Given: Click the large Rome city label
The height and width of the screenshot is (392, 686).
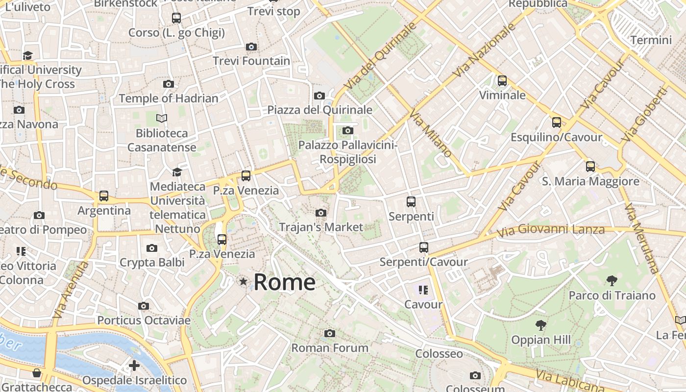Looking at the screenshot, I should (x=284, y=282).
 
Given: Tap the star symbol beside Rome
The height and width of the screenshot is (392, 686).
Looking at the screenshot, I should (x=243, y=281).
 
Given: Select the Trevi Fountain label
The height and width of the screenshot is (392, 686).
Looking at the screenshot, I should (x=251, y=61).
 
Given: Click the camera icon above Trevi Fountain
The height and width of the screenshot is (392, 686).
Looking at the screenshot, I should (x=251, y=47).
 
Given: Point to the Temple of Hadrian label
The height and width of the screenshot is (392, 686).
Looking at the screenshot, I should (x=169, y=98).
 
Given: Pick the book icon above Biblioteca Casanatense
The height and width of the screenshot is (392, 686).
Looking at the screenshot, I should (x=162, y=118).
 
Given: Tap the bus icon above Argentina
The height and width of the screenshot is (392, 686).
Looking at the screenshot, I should (x=104, y=196).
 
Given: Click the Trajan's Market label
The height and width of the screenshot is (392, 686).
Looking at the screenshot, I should (x=321, y=227).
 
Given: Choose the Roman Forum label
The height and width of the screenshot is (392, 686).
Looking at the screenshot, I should (x=330, y=348).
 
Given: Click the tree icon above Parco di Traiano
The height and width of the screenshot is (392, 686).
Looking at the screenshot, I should (x=612, y=281).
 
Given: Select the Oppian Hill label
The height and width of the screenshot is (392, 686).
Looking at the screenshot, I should (x=541, y=340).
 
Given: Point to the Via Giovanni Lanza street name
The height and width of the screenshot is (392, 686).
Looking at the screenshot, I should (x=551, y=229).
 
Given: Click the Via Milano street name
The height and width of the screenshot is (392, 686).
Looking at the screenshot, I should (x=430, y=133).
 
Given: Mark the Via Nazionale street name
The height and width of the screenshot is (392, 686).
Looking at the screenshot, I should (x=485, y=50).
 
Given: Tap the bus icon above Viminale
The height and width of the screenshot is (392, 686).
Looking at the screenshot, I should (x=502, y=81).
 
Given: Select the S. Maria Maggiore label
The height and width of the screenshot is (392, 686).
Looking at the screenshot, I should (x=590, y=181).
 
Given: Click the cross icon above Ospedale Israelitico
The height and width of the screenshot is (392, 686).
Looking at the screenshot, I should (x=134, y=366).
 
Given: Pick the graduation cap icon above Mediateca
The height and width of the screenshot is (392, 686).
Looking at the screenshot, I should (x=177, y=172).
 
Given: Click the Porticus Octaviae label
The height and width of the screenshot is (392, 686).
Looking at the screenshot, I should (x=144, y=320).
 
